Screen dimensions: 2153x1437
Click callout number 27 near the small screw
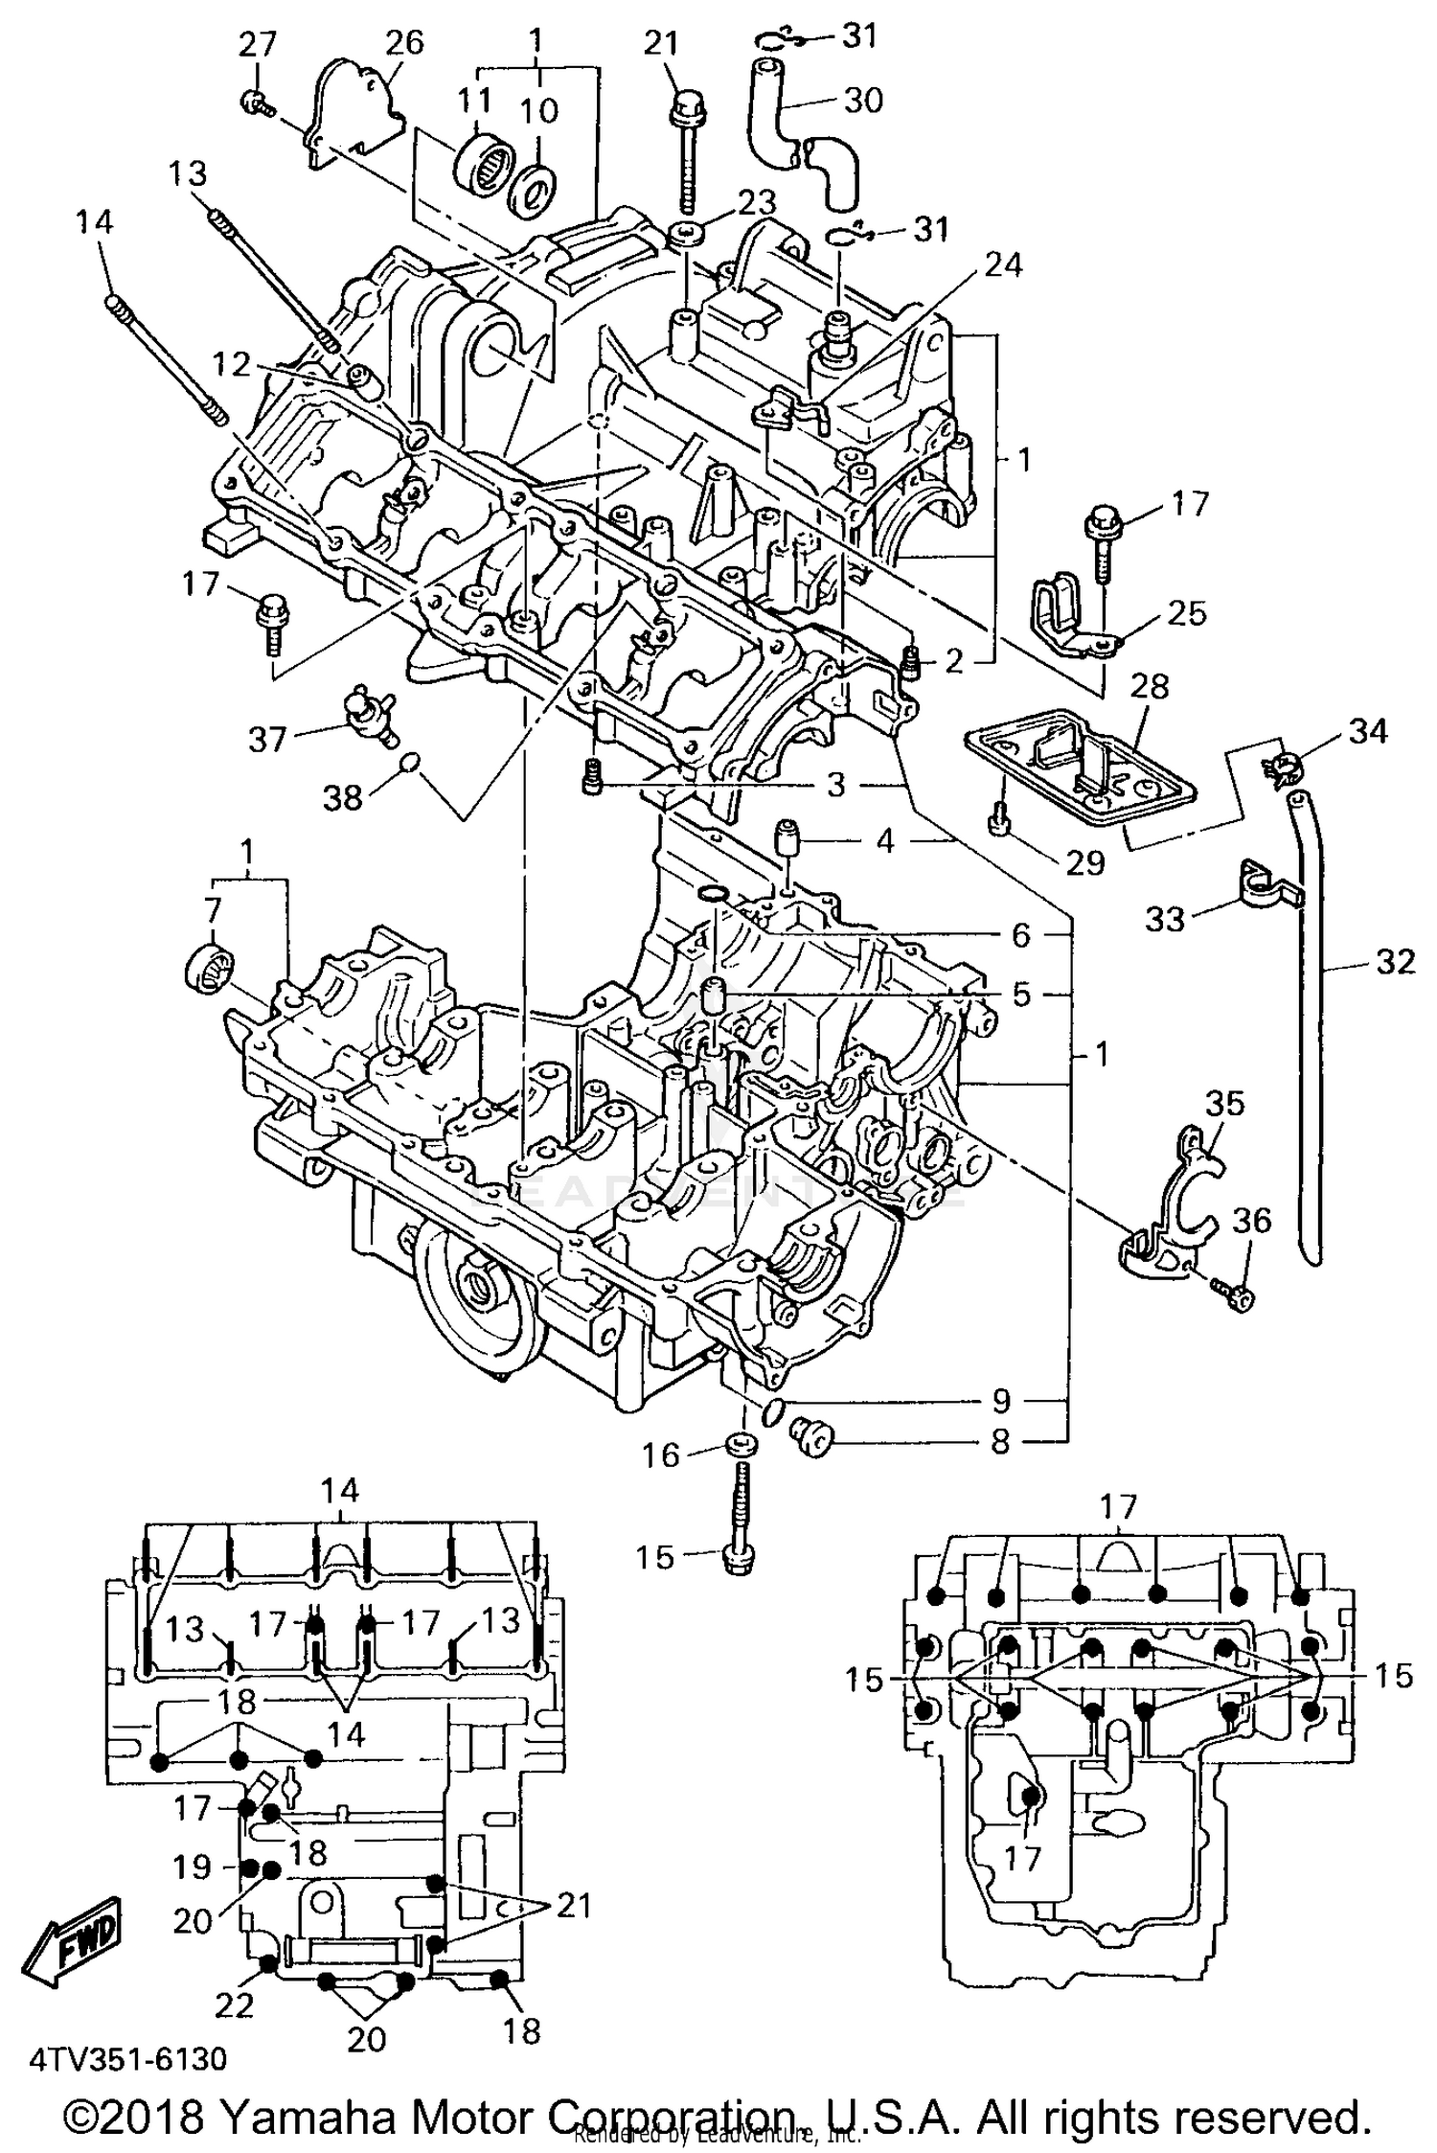(x=258, y=45)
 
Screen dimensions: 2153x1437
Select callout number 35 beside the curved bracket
(x=1224, y=1103)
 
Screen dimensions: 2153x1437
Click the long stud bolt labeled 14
(x=163, y=355)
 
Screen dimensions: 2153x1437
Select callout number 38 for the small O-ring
(x=342, y=796)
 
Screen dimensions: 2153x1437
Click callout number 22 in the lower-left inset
(x=236, y=2003)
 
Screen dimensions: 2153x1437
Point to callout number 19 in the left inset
(x=193, y=1867)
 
